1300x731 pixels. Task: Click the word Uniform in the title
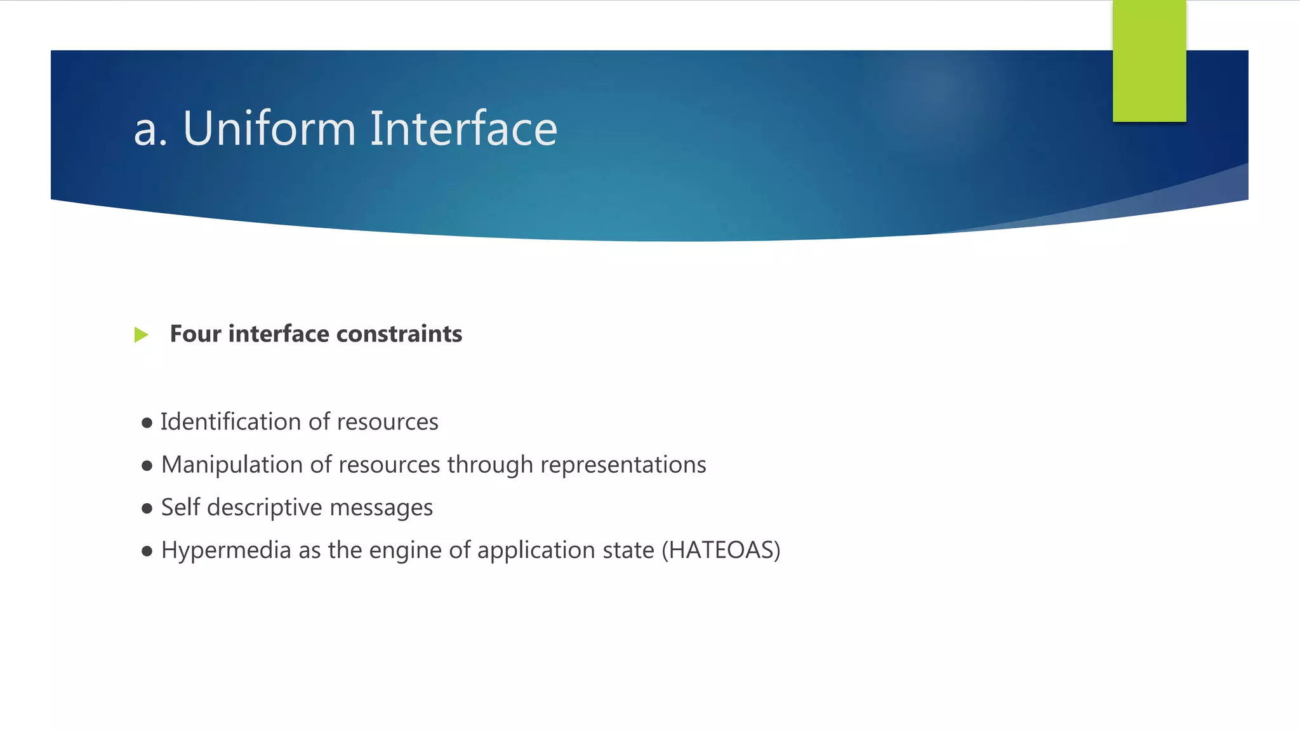click(x=269, y=129)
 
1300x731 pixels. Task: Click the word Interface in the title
click(x=463, y=129)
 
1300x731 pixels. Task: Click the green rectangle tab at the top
click(x=1149, y=60)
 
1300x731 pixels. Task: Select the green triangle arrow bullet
click(x=141, y=334)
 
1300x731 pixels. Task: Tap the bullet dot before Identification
click(x=147, y=423)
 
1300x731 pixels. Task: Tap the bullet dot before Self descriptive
click(x=147, y=509)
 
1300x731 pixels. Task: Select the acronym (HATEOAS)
click(x=720, y=550)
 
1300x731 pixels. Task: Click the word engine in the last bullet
click(x=405, y=551)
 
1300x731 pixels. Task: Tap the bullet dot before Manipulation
click(x=147, y=466)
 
